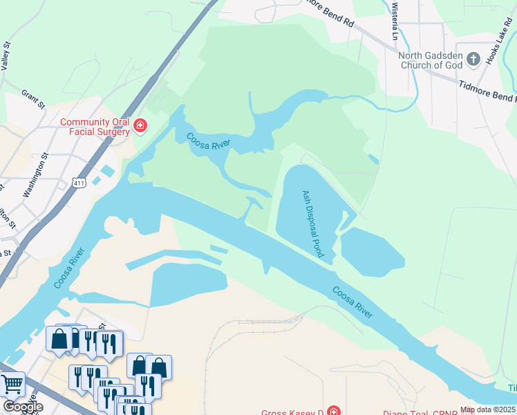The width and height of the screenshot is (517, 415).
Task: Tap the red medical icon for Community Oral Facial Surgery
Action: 140,125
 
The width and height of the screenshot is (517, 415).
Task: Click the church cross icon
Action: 473,59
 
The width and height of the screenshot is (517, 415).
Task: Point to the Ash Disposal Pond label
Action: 313,223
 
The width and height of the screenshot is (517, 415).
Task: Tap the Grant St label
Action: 32,99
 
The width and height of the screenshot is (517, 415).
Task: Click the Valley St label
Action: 7,55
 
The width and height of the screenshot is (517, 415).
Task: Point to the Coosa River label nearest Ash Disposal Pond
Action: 352,302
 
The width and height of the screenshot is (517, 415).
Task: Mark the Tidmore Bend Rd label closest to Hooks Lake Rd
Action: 487,91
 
